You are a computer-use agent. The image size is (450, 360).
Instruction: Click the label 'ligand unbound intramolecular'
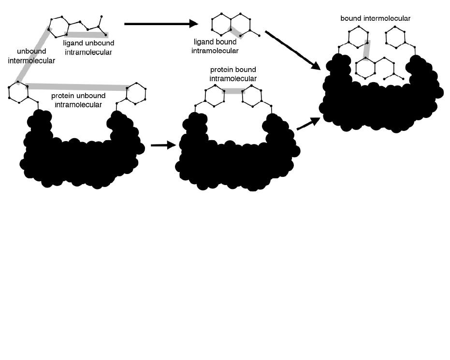click(x=88, y=47)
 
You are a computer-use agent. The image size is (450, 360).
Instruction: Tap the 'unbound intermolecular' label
click(x=36, y=56)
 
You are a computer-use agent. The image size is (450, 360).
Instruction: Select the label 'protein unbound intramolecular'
click(x=78, y=100)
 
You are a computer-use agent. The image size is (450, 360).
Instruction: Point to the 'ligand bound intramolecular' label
click(x=215, y=46)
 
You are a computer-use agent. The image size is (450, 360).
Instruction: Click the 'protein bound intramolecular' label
click(x=233, y=74)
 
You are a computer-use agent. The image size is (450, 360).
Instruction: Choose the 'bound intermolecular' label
click(x=375, y=18)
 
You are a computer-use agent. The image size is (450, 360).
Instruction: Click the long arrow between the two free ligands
click(x=161, y=23)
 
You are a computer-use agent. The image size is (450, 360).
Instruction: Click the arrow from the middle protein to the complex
click(x=308, y=123)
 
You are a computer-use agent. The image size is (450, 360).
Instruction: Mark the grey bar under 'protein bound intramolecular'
click(x=233, y=91)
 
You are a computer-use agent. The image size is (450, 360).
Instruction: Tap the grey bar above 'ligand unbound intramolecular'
click(x=87, y=34)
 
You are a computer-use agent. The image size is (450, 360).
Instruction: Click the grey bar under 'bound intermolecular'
click(x=368, y=50)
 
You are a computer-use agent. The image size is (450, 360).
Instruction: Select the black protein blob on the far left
click(x=80, y=155)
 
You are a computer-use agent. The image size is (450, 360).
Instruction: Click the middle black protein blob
click(x=237, y=159)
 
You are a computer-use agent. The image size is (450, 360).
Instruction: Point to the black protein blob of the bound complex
click(x=382, y=104)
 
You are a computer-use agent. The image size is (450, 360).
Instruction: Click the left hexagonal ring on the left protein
click(x=18, y=92)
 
